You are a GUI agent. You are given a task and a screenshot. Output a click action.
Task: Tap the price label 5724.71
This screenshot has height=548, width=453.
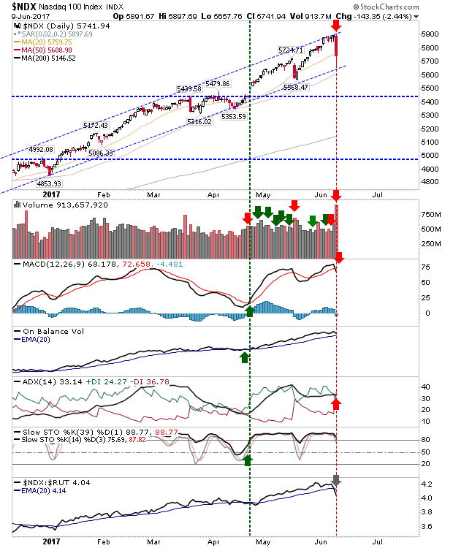click(290, 50)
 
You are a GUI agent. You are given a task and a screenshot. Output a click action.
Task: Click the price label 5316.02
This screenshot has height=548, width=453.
click(200, 121)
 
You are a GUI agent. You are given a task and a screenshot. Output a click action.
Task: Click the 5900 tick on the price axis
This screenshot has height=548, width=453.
click(431, 34)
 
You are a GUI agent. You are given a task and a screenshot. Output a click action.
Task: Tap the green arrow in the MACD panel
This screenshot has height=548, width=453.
click(250, 312)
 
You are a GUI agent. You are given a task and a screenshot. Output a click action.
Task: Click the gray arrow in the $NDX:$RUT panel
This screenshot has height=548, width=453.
click(336, 480)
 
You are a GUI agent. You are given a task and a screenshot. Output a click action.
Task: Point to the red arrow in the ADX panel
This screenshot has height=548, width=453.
click(337, 403)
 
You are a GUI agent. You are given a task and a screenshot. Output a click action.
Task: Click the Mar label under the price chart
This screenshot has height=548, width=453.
click(153, 196)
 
